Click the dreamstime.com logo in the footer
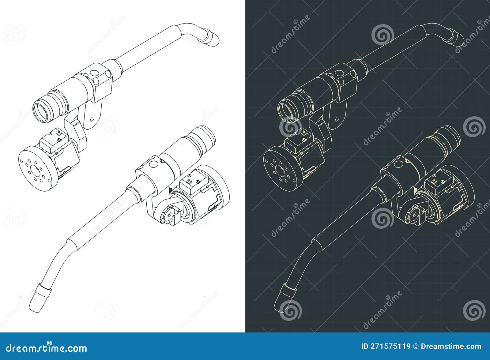coord(47,348)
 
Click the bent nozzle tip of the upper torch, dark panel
coord(456,38)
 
